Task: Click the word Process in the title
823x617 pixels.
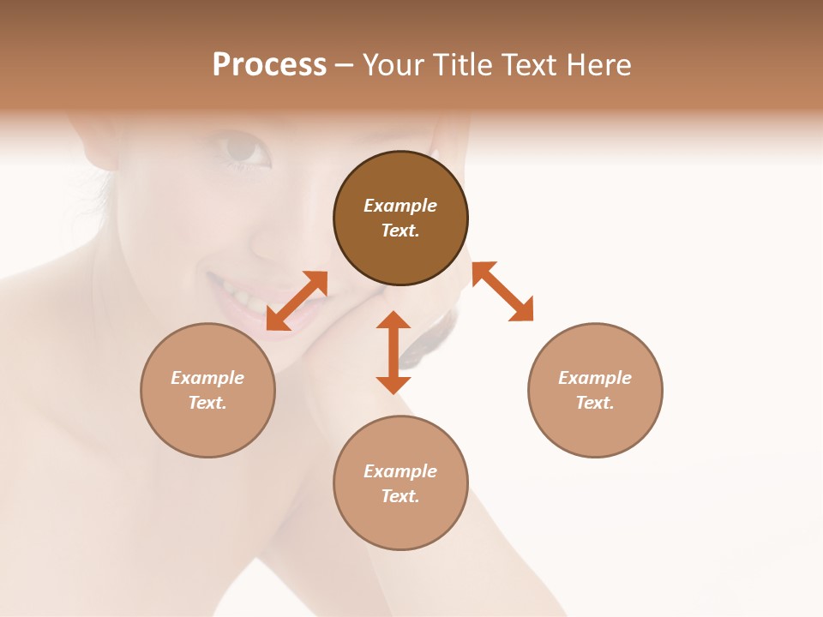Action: pyautogui.click(x=269, y=65)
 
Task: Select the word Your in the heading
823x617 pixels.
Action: pyautogui.click(x=393, y=65)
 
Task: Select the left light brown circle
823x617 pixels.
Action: pyautogui.click(x=207, y=428)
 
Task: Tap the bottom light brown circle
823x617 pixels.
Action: pyautogui.click(x=400, y=523)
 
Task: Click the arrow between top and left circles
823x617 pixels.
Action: pyautogui.click(x=297, y=300)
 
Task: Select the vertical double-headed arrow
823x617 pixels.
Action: pyautogui.click(x=393, y=352)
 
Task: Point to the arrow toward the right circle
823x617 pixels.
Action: pyautogui.click(x=503, y=291)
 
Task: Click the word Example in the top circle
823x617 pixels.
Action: pyautogui.click(x=400, y=206)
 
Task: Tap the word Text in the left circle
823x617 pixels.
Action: pyautogui.click(x=207, y=403)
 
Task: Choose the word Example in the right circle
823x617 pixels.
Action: pyautogui.click(x=595, y=378)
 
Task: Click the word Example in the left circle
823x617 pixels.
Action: pyautogui.click(x=207, y=378)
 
